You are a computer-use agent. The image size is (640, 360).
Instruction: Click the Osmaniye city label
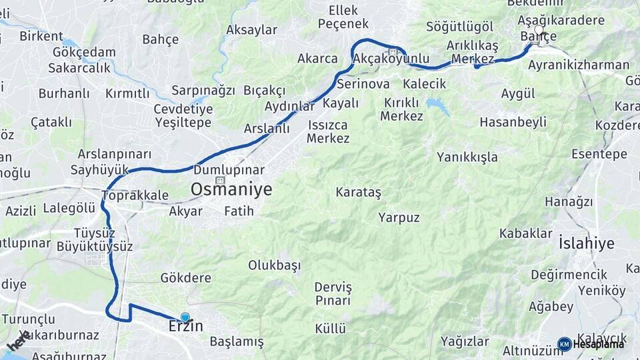pos(231,189)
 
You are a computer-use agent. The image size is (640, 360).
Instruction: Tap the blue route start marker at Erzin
pos(185,318)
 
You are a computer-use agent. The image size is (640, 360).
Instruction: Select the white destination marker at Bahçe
pos(539,30)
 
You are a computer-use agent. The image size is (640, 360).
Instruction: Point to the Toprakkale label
pos(135,195)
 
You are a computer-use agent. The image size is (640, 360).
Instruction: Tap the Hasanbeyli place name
pos(513,122)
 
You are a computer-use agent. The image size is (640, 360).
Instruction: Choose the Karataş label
pos(359,193)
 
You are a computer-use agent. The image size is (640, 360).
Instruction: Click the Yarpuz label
pos(399,217)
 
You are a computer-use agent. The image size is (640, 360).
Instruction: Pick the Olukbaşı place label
pos(275,265)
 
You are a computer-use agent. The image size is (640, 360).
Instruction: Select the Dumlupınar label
pos(229,170)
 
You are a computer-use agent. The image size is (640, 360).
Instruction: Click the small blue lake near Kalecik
pos(438,105)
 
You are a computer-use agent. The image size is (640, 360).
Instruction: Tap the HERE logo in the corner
pos(19,341)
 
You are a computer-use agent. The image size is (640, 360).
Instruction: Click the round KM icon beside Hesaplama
pos(564,344)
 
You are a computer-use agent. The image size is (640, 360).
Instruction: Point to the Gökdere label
pos(185,277)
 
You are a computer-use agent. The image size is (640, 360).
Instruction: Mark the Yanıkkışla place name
pos(467,157)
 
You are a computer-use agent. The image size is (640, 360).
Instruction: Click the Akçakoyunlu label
pos(391,59)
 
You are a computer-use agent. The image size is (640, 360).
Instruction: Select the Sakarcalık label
pos(79,68)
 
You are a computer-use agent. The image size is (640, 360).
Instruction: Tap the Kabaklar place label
pos(526,233)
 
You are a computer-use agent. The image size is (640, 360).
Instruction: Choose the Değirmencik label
pos(569,274)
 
